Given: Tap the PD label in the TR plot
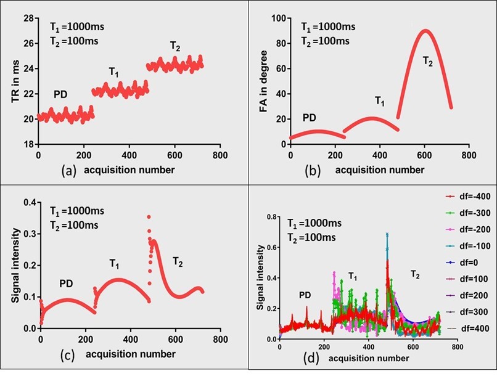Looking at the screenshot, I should (60, 94).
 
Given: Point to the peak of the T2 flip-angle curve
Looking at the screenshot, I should (374, 31).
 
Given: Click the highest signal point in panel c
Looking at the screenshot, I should (148, 217).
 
